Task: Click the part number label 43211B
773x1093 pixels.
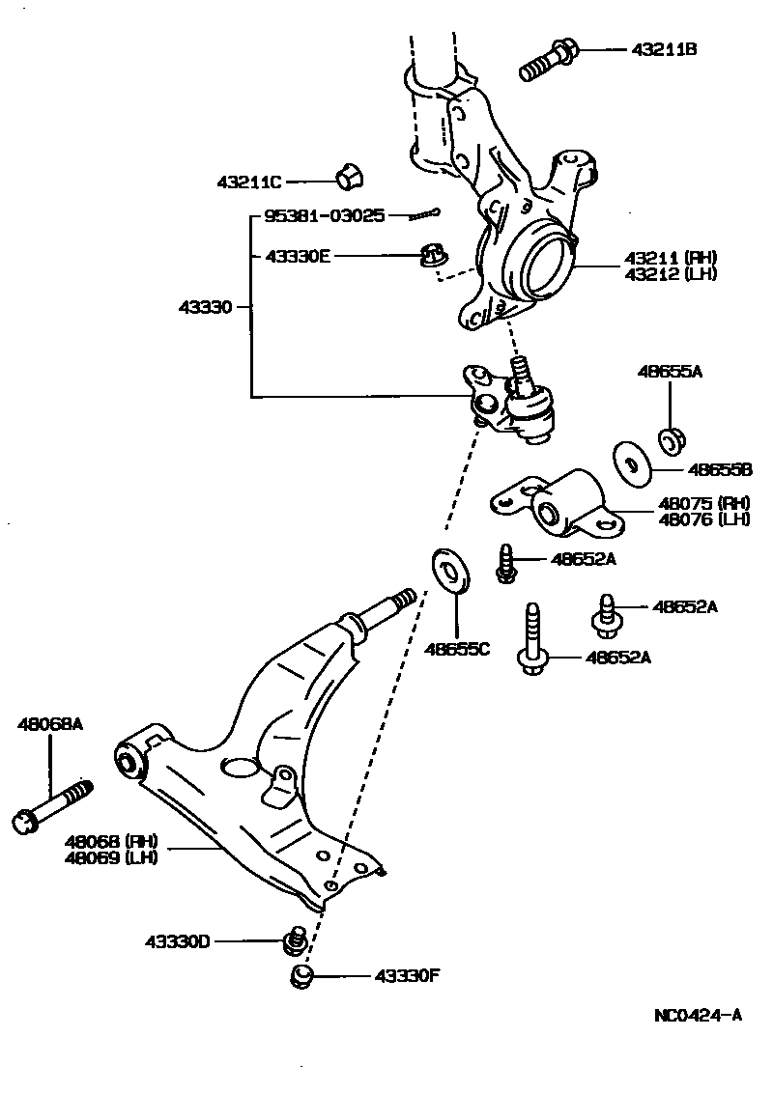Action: point(663,48)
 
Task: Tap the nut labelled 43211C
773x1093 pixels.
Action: point(349,178)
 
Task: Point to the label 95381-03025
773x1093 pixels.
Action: point(325,217)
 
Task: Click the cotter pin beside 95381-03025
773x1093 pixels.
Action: point(422,214)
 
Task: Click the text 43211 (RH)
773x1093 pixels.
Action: point(670,258)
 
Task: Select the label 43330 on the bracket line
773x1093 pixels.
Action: point(205,307)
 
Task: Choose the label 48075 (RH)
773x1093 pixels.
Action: point(691,503)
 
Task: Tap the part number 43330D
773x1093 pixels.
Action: point(178,941)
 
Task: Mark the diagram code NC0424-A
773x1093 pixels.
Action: point(698,1015)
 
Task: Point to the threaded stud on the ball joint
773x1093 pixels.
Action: point(520,372)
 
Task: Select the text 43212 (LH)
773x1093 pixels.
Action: point(670,274)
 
